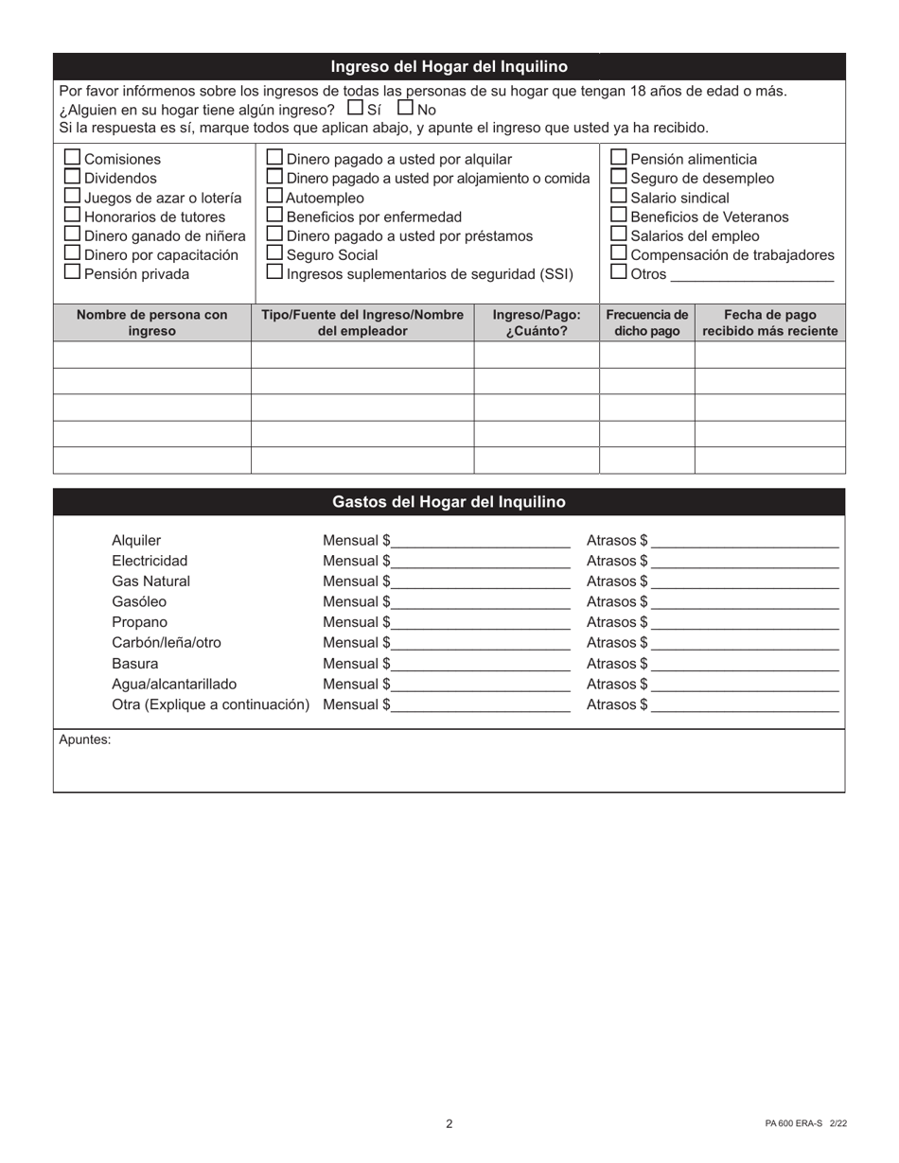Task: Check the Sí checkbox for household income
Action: pos(356,108)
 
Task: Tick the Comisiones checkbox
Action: pos(72,158)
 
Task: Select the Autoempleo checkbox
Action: pos(274,197)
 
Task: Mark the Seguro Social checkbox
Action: pos(274,253)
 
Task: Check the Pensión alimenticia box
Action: pos(619,158)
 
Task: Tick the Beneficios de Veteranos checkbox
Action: pos(619,216)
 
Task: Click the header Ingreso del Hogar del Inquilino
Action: pos(449,66)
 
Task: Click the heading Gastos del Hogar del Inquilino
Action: pos(449,502)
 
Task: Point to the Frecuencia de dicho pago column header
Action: pos(647,322)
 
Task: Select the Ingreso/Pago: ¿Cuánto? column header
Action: pos(537,322)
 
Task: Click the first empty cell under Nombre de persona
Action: pos(151,355)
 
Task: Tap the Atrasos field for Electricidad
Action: pos(745,561)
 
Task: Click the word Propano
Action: pos(139,622)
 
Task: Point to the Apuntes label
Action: pos(85,740)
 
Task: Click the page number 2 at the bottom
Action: pos(449,1124)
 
